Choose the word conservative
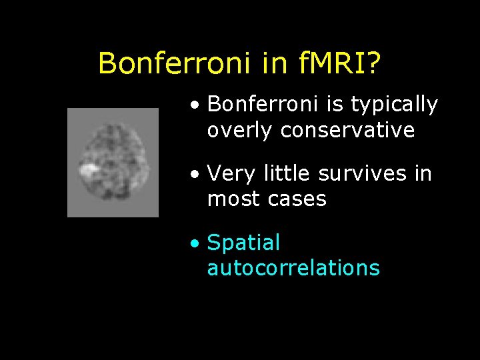point(348,130)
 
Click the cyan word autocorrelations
point(293,268)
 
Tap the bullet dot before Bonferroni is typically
point(193,105)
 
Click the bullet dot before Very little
point(193,175)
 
